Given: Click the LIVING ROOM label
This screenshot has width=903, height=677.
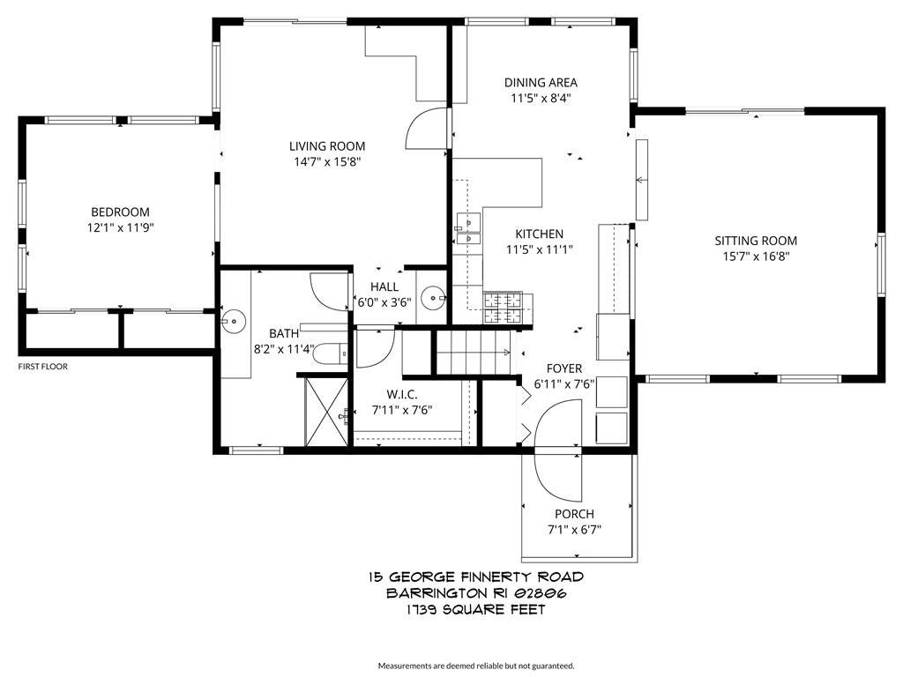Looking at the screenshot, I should (x=327, y=146).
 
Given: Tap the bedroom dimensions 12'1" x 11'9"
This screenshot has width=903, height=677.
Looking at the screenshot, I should (x=120, y=227).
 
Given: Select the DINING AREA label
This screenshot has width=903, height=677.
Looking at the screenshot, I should (x=541, y=83).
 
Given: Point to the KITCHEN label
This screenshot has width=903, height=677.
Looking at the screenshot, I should (x=540, y=234).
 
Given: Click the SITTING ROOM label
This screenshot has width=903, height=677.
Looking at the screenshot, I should (x=756, y=241).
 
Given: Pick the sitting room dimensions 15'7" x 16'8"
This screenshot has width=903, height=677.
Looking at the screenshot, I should (x=756, y=257).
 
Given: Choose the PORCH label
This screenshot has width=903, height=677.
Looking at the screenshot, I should (x=574, y=514).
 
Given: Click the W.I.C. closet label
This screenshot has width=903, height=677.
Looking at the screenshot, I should (x=401, y=394).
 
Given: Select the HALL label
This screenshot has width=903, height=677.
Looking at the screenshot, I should (x=384, y=286).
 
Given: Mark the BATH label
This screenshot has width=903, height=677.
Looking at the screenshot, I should (x=284, y=333).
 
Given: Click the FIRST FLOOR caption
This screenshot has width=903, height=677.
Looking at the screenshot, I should (x=43, y=367).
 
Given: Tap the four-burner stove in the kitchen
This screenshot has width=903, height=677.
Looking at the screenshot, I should (x=502, y=309).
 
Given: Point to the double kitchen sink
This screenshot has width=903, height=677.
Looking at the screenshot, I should (x=467, y=228).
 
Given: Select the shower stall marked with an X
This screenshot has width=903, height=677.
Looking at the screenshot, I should (x=326, y=412).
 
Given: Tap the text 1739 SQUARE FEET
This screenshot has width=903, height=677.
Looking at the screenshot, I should (x=475, y=609).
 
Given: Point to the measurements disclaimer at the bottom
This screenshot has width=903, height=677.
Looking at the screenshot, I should (x=476, y=665).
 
